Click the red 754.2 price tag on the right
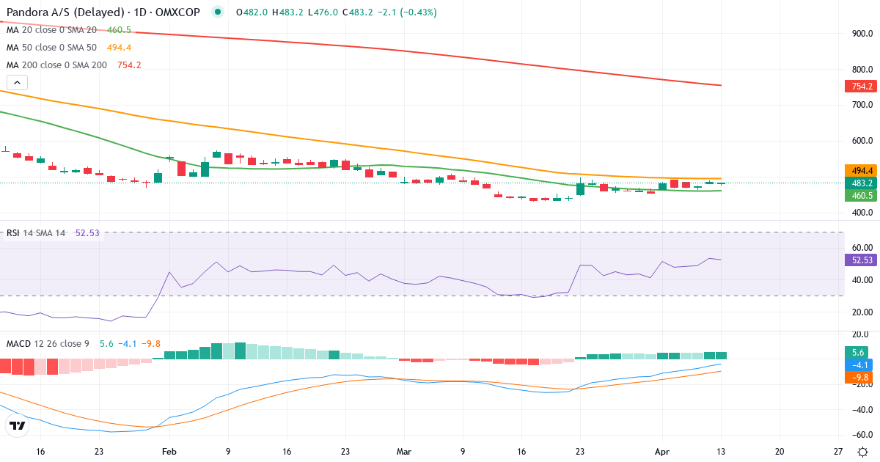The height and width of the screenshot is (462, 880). (x=860, y=87)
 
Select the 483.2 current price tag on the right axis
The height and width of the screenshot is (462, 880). (x=860, y=183)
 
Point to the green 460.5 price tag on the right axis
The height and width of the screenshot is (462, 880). (x=860, y=196)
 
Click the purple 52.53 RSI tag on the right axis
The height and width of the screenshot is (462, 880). (x=860, y=260)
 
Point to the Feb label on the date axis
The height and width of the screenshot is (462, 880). (x=169, y=452)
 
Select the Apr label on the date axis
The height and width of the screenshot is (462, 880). (x=662, y=452)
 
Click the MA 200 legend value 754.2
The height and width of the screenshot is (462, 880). (x=129, y=65)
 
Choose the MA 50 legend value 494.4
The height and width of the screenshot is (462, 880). (x=118, y=48)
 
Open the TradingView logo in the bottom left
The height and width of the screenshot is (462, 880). (x=18, y=426)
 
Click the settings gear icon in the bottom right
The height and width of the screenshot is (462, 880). (x=863, y=452)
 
